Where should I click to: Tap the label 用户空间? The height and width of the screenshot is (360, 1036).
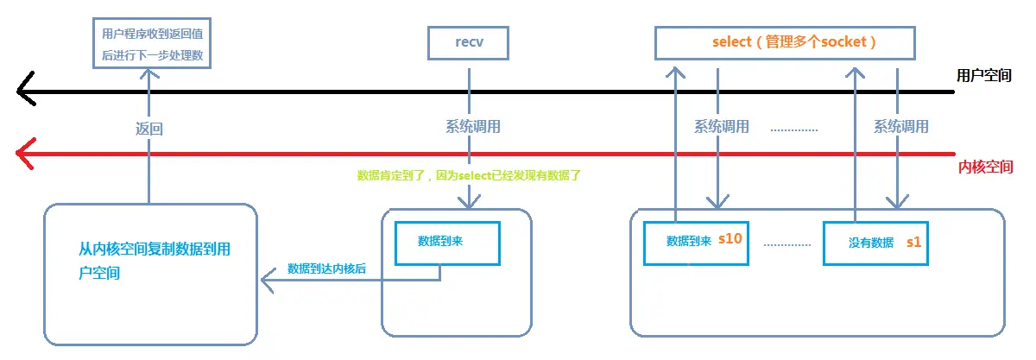985,75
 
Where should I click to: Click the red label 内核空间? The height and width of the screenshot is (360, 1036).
985,167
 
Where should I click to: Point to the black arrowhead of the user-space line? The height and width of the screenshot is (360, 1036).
26,90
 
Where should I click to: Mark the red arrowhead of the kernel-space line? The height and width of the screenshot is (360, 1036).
26,154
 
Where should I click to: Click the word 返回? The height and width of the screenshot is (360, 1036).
148,129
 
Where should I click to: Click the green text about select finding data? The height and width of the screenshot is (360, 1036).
469,175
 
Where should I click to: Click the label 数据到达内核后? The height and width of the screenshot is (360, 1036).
326,268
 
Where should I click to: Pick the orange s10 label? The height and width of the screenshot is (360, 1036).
730,239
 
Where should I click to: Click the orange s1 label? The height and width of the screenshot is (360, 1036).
913,243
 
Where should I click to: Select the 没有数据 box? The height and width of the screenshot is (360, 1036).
877,243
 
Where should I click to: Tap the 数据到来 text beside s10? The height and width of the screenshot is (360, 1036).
688,241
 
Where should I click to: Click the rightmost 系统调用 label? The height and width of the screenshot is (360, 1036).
900,127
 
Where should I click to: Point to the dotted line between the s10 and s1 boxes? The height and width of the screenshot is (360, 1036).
787,244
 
